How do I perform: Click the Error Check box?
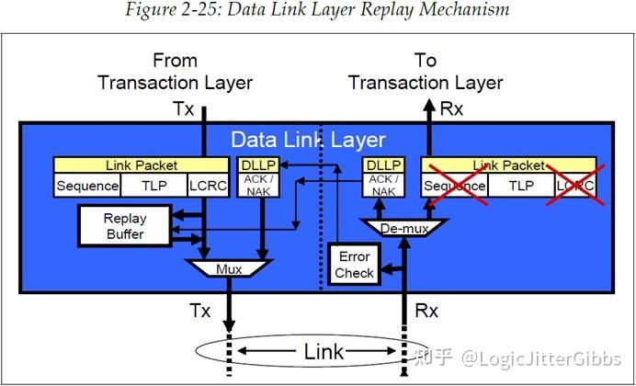[x=355, y=264]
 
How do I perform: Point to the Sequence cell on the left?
[x=87, y=186]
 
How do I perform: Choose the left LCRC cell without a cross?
[x=209, y=186]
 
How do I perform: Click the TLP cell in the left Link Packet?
[x=153, y=186]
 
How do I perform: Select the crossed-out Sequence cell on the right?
[x=453, y=186]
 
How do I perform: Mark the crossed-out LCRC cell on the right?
[x=574, y=186]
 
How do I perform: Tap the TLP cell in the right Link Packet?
[x=520, y=186]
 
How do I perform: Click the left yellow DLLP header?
[x=258, y=165]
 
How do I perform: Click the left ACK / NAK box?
[x=258, y=187]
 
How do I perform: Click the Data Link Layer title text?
[x=308, y=140]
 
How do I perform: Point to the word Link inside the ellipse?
[x=323, y=352]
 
